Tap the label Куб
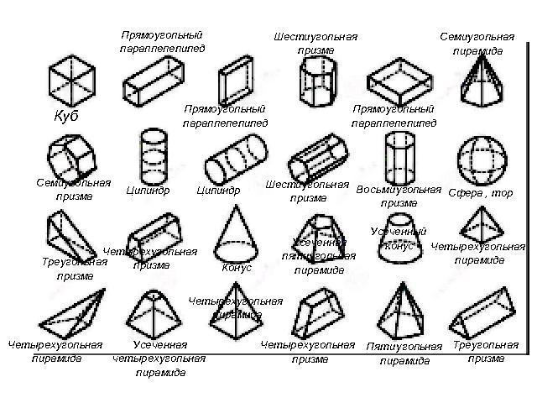[x=65, y=116]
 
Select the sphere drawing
[x=478, y=158]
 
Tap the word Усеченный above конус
[x=398, y=232]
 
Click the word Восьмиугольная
[x=399, y=189]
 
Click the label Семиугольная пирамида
[x=477, y=44]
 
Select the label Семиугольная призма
[x=74, y=189]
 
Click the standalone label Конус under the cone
[x=237, y=268]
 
